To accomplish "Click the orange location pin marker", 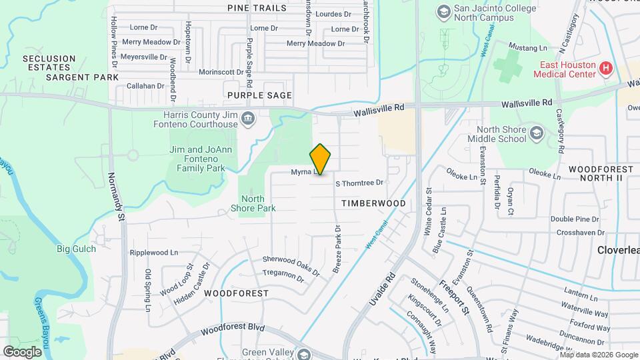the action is pos(321,159).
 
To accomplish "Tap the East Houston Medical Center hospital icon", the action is pos(606,67).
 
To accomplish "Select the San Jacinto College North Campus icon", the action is pos(443,11).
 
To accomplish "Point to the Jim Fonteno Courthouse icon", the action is pos(248,119).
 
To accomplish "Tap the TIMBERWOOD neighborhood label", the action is pos(373,203).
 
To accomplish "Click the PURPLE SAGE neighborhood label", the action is pos(259,95).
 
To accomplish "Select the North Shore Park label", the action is pos(257,203).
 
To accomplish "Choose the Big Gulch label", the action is pos(76,249).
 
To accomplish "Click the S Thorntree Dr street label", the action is pos(360,183).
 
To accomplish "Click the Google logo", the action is pos(22,351).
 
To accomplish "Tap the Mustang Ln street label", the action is pos(527,48).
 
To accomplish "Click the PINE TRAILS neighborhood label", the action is pos(257,8).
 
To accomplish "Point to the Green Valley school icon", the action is pos(305,354).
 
